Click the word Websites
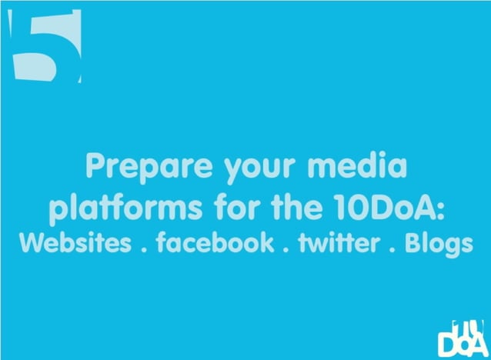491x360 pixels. pyautogui.click(x=75, y=242)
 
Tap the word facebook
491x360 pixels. pyautogui.click(x=215, y=242)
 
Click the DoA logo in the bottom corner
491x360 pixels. pyautogui.click(x=459, y=336)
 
